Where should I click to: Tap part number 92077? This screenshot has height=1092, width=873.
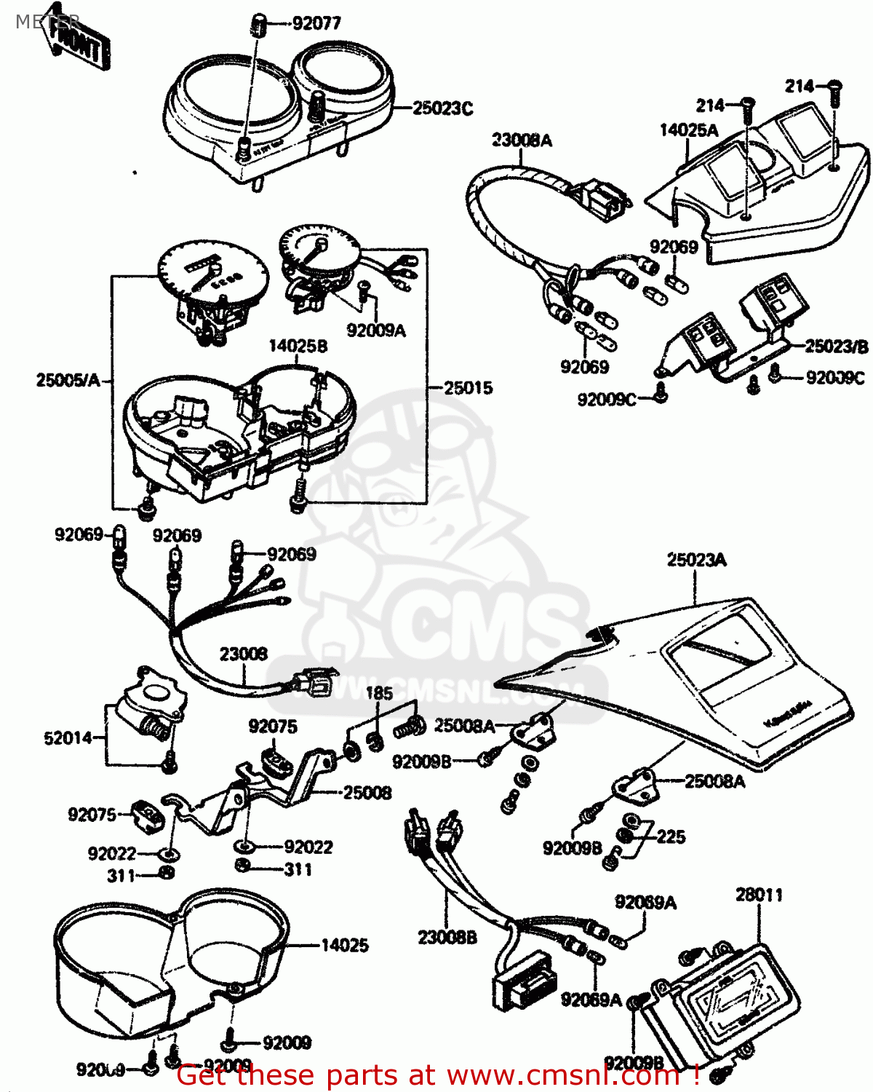tap(316, 23)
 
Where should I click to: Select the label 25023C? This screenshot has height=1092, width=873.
tap(442, 108)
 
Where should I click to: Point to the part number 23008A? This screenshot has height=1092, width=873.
tap(522, 141)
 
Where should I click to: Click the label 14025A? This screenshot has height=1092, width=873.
tap(689, 130)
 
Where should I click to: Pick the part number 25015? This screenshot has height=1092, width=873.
tap(469, 388)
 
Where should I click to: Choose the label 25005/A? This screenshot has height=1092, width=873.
tap(68, 380)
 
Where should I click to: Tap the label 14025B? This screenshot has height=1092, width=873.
tap(298, 346)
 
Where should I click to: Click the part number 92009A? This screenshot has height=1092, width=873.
tap(376, 331)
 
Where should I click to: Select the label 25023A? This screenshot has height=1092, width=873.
tap(696, 560)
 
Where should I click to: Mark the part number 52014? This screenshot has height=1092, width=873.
tap(68, 738)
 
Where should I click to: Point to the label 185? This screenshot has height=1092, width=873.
tap(379, 693)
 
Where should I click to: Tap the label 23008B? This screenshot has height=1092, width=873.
tap(447, 938)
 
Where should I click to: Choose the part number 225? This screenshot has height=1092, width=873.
tap(670, 836)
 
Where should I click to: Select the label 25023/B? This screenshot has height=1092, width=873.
tap(837, 347)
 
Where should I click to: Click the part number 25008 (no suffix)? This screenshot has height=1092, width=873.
tap(367, 792)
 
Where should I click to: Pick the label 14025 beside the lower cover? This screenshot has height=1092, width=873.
tap(345, 945)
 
